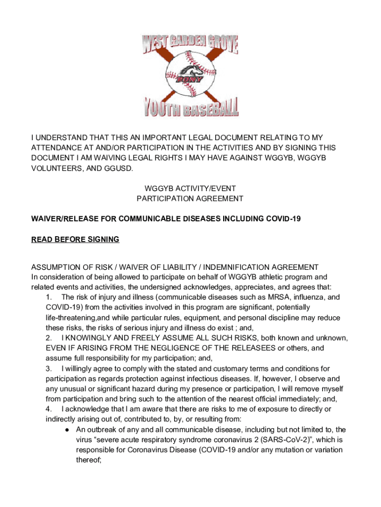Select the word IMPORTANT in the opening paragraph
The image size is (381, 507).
pyautogui.click(x=157, y=137)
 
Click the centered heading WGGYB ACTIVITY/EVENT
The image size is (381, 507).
pyautogui.click(x=190, y=188)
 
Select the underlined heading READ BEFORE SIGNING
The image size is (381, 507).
pyautogui.click(x=75, y=240)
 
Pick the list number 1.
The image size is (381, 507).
pyautogui.click(x=48, y=297)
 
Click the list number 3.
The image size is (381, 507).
pyautogui.click(x=48, y=369)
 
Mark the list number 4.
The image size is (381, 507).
pyautogui.click(x=48, y=409)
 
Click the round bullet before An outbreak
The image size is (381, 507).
pyautogui.click(x=67, y=430)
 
